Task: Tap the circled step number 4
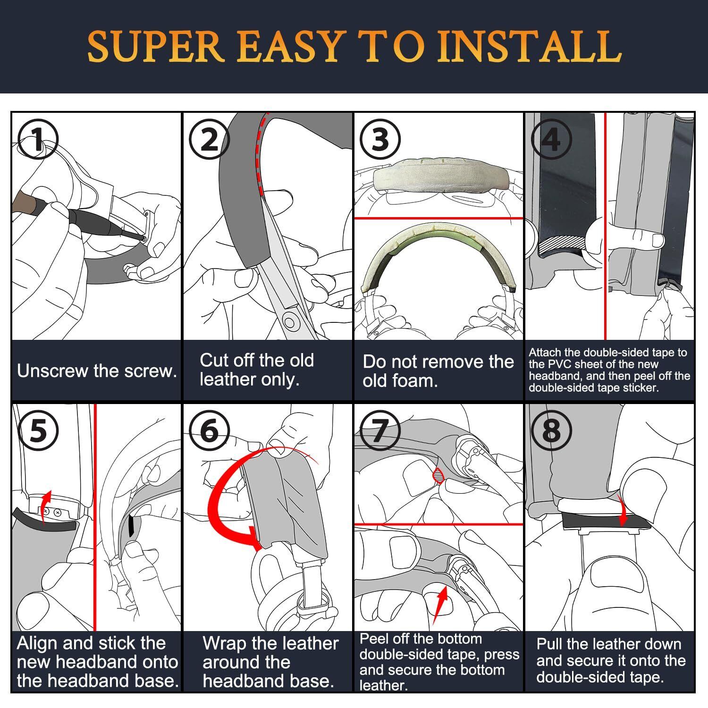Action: (x=551, y=140)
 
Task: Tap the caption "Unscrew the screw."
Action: (x=97, y=371)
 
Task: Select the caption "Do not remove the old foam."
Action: (x=438, y=371)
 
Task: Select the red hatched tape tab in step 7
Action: (x=439, y=475)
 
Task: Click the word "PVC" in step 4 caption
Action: (x=557, y=364)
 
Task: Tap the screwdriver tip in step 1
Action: (x=141, y=239)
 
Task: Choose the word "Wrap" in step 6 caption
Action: (x=225, y=644)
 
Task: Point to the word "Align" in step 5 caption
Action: (x=38, y=643)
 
